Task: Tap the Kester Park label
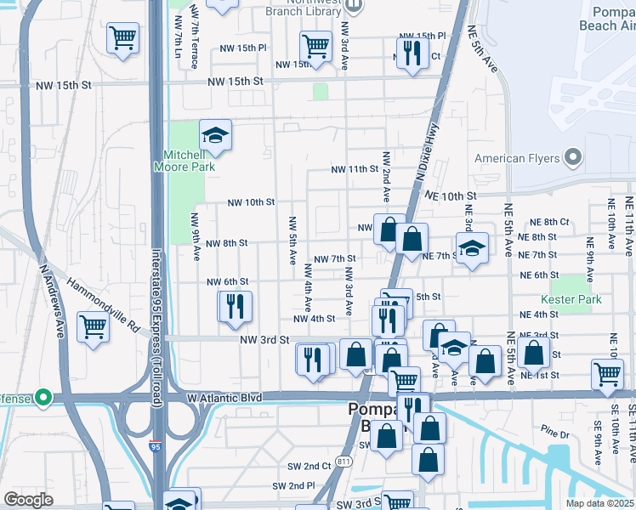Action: click(571, 299)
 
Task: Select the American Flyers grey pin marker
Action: click(572, 157)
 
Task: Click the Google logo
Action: click(29, 500)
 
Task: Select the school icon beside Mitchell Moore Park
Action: click(216, 135)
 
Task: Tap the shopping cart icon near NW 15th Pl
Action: click(315, 46)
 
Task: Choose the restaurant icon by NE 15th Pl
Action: click(413, 54)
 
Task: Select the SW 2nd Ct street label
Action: click(305, 466)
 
